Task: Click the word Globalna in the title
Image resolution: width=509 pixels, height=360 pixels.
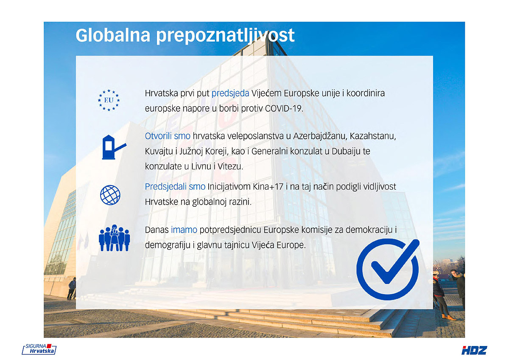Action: click(x=113, y=36)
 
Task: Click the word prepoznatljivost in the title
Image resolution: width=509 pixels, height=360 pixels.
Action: click(x=225, y=37)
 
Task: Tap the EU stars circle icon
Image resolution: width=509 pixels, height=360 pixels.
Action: click(x=109, y=100)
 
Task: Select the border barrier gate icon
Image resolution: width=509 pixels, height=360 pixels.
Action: click(x=114, y=147)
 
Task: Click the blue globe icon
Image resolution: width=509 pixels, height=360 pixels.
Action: click(x=110, y=195)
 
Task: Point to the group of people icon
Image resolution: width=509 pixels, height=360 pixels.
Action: click(x=114, y=238)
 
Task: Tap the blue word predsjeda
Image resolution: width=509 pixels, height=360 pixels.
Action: click(x=230, y=93)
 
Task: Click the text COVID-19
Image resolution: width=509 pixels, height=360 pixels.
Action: click(x=284, y=109)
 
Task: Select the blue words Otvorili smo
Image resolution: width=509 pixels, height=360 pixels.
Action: click(x=168, y=136)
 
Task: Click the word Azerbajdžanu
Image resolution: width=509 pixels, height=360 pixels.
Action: click(x=320, y=136)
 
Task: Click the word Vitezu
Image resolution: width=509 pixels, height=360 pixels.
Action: click(x=230, y=166)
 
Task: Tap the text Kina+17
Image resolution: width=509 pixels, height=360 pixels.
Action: click(x=268, y=187)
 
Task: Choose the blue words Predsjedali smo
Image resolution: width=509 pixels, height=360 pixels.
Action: click(x=175, y=187)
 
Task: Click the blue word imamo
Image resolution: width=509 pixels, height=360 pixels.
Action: click(x=184, y=230)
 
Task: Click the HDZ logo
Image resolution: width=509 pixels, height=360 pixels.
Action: click(x=474, y=350)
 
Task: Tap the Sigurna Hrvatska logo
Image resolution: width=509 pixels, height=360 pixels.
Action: click(x=39, y=349)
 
